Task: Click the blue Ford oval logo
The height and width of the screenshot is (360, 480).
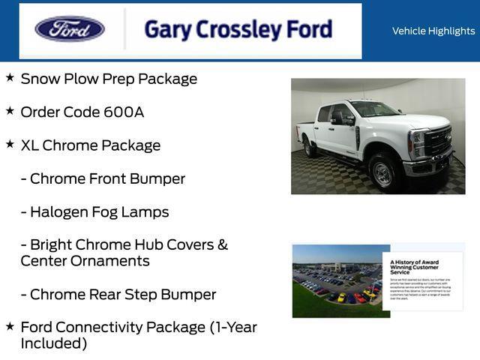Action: click(70, 29)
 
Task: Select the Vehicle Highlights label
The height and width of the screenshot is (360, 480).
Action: click(433, 31)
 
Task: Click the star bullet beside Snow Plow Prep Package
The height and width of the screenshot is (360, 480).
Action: click(10, 77)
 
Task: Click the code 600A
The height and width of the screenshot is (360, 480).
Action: click(124, 112)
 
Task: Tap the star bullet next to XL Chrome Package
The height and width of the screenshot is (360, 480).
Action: click(10, 143)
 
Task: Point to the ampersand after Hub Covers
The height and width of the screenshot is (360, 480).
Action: click(222, 244)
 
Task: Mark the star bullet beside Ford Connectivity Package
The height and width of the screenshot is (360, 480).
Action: click(10, 325)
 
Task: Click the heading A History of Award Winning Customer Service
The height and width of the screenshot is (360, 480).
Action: click(415, 267)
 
